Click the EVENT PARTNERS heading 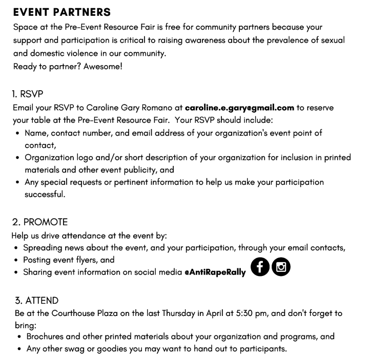pos(61,12)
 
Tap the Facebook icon pos(260,267)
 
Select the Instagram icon pos(281,267)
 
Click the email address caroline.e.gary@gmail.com pos(239,108)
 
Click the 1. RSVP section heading pos(28,94)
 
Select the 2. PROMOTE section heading pos(40,223)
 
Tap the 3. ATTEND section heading pos(35,301)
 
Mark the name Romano pos(166,108)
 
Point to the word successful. pos(45,195)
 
